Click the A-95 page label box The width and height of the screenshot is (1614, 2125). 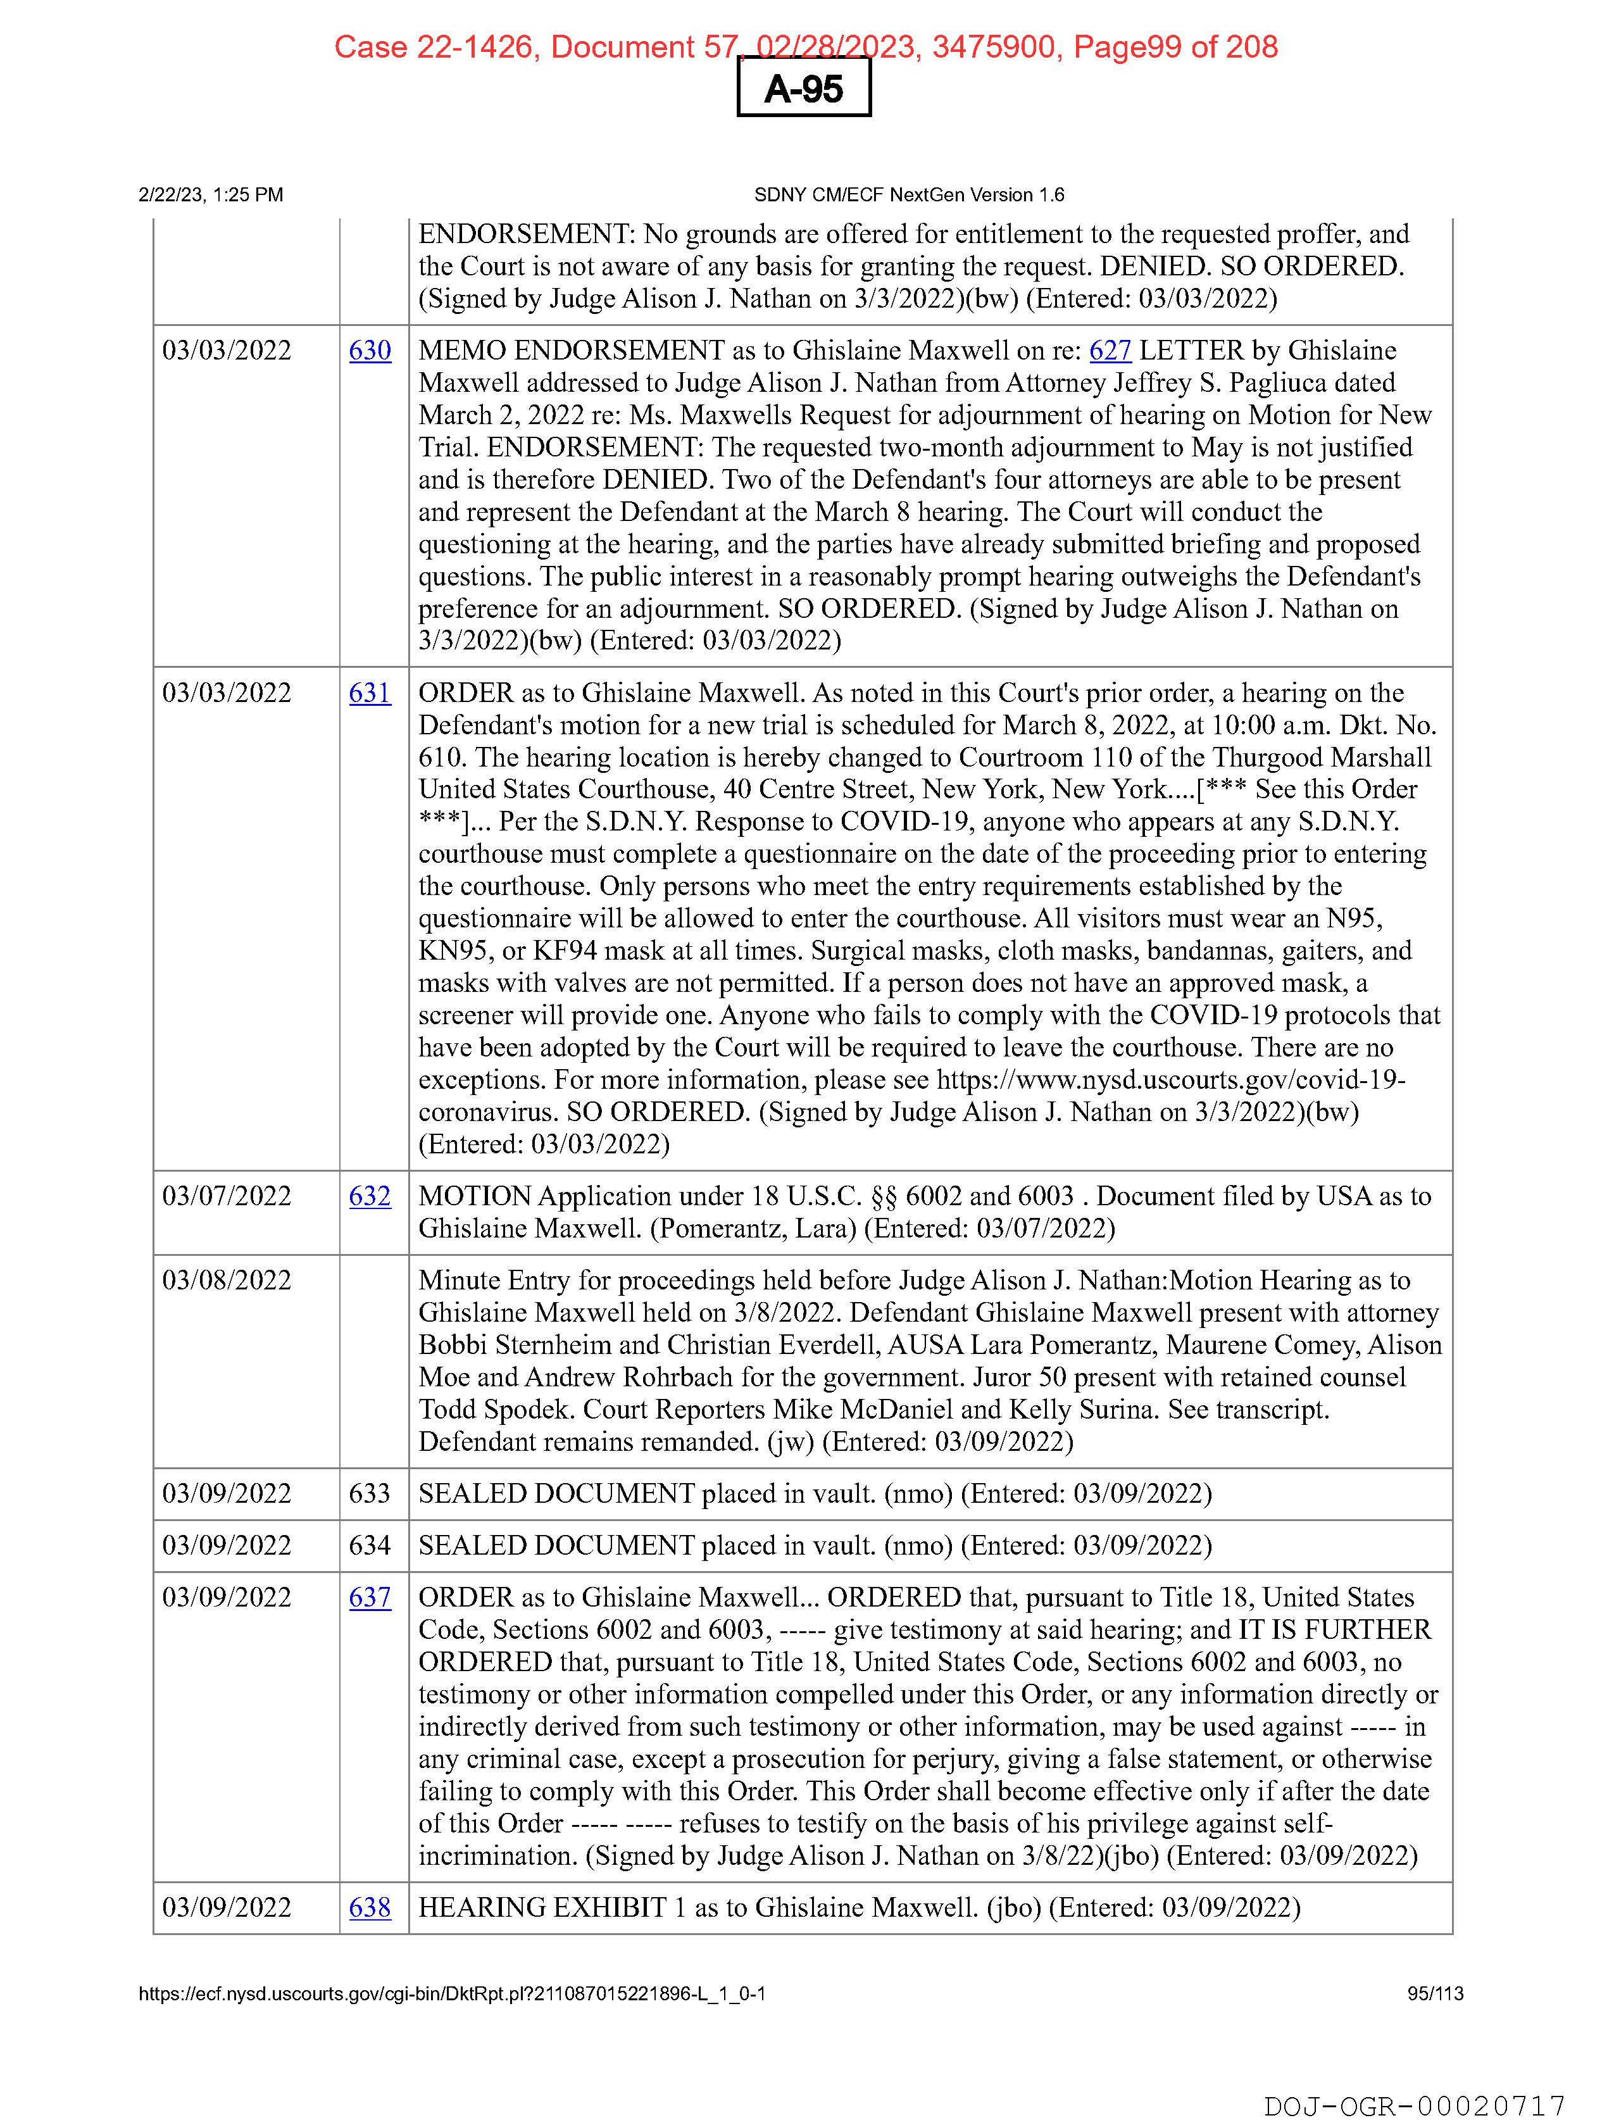803,89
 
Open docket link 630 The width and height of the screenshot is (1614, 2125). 370,351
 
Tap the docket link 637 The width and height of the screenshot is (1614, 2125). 370,1598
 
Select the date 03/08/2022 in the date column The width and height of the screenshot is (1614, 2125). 227,1281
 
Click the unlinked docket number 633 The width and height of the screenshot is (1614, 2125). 370,1494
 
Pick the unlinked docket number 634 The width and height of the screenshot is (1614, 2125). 370,1546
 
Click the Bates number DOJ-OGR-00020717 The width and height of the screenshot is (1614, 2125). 1413,2106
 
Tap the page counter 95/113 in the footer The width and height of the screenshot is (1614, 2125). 1436,1993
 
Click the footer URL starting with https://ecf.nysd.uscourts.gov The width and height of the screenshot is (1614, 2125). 451,1993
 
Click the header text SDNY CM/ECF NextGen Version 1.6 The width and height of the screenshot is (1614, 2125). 909,195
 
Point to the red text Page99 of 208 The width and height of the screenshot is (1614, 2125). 1175,47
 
